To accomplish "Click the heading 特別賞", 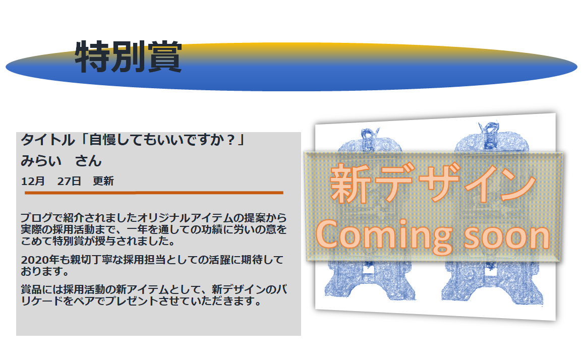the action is pyautogui.click(x=128, y=56).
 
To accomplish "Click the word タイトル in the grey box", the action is pyautogui.click(x=48, y=140).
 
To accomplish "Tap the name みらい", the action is pyautogui.click(x=41, y=161).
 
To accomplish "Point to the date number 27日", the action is pyautogui.click(x=69, y=181).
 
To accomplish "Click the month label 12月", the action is pyautogui.click(x=33, y=181).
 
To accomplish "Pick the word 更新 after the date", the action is pyautogui.click(x=103, y=181).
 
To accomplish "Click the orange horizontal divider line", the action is pyautogui.click(x=154, y=193).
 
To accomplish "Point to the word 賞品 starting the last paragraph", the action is pyautogui.click(x=31, y=289).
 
